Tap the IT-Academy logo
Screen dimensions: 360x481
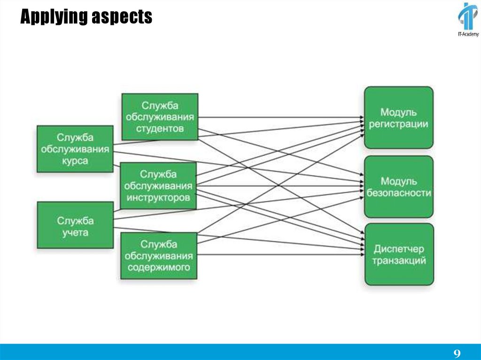point(468,20)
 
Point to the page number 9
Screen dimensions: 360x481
point(457,353)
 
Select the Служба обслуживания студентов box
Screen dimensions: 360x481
point(160,116)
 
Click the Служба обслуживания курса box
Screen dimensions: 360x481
point(75,149)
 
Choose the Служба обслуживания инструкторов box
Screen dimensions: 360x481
point(159,186)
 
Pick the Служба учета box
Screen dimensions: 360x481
point(75,225)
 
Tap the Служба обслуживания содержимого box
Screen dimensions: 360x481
point(159,256)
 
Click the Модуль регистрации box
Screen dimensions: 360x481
point(398,117)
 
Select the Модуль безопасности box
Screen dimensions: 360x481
point(398,187)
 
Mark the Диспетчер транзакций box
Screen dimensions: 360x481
point(399,254)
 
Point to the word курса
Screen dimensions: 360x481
point(75,161)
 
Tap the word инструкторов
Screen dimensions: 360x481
point(159,198)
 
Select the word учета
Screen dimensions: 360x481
point(75,232)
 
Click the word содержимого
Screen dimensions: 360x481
point(159,268)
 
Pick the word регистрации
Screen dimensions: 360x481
point(398,124)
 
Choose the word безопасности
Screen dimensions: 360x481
point(398,193)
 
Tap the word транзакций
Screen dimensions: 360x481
point(399,260)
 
